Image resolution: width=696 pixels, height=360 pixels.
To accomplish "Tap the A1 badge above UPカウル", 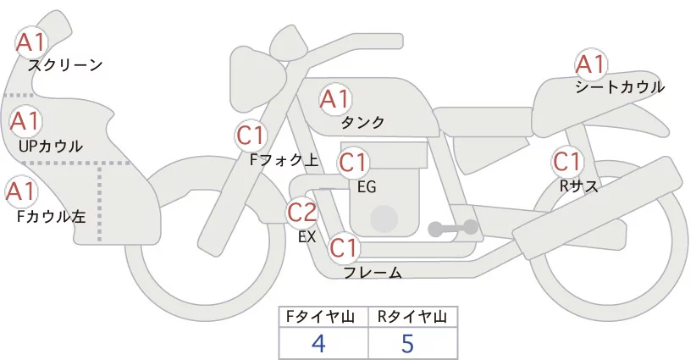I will pyautogui.click(x=25, y=121).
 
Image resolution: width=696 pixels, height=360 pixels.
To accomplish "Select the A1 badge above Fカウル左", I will pyautogui.click(x=19, y=191).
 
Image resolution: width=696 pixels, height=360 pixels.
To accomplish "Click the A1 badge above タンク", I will pyautogui.click(x=334, y=99).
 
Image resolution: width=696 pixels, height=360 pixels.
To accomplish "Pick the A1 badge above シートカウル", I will pyautogui.click(x=590, y=64).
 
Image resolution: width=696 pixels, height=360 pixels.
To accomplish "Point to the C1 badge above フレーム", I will pyautogui.click(x=345, y=248).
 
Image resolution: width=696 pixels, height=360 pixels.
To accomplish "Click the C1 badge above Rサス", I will pyautogui.click(x=566, y=161).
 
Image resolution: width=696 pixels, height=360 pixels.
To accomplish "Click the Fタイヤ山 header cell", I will pyautogui.click(x=324, y=316).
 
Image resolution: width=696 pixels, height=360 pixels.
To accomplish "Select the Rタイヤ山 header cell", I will pyautogui.click(x=412, y=316).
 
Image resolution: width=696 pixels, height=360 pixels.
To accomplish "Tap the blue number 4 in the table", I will pyautogui.click(x=319, y=343).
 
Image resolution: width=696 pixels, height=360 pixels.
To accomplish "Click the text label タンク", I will pyautogui.click(x=362, y=123).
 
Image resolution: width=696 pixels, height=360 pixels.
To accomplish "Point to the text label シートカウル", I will pyautogui.click(x=620, y=87).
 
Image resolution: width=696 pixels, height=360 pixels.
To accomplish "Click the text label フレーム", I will pyautogui.click(x=372, y=272).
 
